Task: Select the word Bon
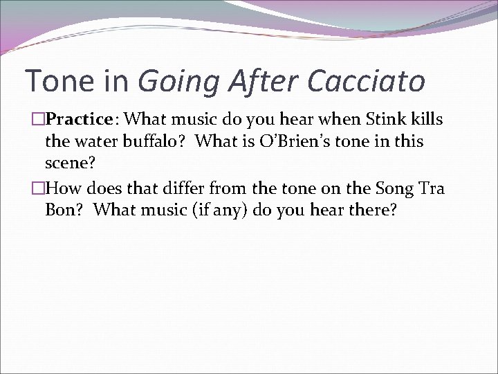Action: [61, 210]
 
